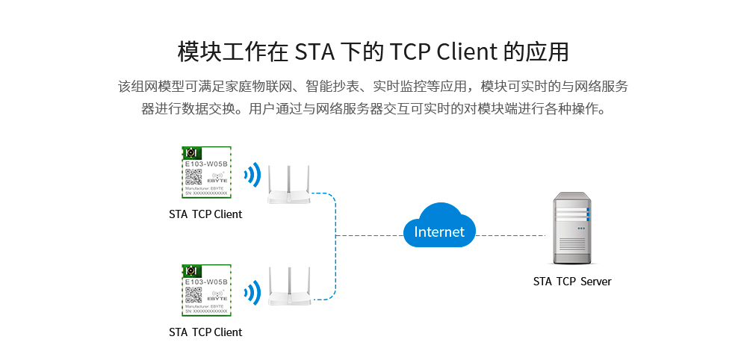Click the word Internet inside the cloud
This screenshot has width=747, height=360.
(439, 232)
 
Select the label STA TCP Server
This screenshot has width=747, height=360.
(572, 282)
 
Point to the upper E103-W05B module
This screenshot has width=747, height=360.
(206, 173)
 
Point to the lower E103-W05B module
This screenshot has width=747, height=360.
(206, 290)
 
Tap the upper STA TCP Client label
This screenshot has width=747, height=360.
(205, 214)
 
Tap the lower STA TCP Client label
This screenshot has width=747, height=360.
(205, 332)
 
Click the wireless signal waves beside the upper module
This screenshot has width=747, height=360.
(252, 176)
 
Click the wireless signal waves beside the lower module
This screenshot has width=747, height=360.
(252, 293)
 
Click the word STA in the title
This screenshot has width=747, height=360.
(314, 52)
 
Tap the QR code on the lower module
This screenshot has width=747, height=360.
(193, 295)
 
